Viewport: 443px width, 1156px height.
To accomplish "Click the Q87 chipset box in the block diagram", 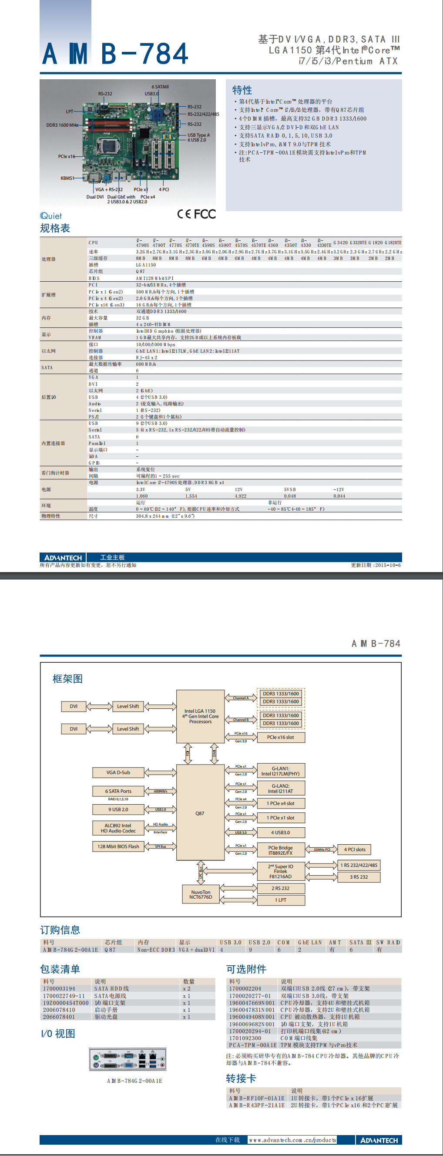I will [x=200, y=813].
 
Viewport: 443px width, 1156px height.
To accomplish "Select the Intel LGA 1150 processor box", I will [x=200, y=716].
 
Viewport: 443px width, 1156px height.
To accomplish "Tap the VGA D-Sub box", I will [x=118, y=772].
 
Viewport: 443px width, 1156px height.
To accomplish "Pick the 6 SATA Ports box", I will [x=118, y=791].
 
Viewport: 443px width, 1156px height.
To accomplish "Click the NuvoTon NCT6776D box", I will [x=201, y=895].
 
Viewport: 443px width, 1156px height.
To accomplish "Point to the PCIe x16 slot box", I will [x=281, y=737].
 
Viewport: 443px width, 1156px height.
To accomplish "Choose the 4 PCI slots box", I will [x=355, y=849].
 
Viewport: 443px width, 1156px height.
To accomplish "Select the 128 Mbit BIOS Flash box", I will [x=118, y=846].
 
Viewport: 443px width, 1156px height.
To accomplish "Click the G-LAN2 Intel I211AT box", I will [x=281, y=789].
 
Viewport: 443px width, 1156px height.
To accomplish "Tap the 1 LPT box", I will [x=281, y=900].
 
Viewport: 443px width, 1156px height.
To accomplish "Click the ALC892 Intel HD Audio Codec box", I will [x=118, y=828].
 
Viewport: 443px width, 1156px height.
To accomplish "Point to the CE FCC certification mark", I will [x=196, y=214].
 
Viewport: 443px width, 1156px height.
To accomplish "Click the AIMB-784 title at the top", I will [x=115, y=54].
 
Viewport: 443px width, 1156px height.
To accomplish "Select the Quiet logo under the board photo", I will [x=51, y=216].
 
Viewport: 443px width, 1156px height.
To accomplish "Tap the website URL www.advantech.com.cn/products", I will [x=292, y=1140].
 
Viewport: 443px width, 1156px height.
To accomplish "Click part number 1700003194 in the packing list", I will [x=59, y=989].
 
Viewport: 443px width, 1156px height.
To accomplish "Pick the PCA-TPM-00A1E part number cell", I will [x=253, y=1045].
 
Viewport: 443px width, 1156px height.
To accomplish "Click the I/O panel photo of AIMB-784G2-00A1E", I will [x=128, y=1060].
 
